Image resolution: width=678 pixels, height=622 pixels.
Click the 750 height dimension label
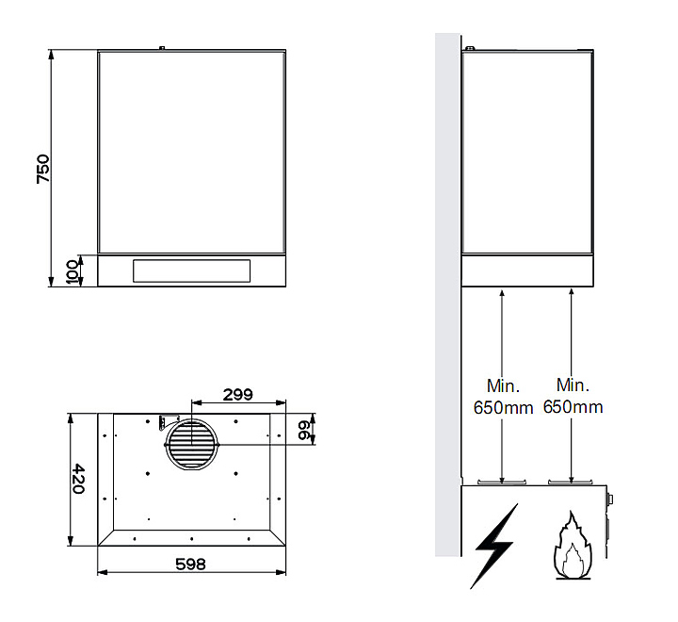click(43, 169)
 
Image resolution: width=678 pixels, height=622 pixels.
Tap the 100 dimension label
click(73, 271)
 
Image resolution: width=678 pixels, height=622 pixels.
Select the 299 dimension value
click(238, 394)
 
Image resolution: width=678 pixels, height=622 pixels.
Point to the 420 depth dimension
click(78, 479)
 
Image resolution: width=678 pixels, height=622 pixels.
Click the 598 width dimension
click(190, 564)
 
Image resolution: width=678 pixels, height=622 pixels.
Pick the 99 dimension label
click(304, 430)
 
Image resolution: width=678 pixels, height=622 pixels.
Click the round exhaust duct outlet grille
click(192, 445)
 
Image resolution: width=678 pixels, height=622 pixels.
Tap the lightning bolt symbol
click(494, 546)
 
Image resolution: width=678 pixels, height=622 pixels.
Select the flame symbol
click(573, 546)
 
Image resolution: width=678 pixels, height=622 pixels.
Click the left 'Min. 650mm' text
click(503, 397)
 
